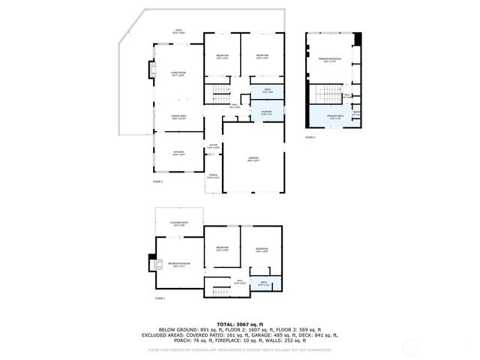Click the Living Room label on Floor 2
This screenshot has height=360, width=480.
[x=178, y=73]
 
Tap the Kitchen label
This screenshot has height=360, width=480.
[x=178, y=153]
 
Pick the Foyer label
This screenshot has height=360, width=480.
[x=213, y=146]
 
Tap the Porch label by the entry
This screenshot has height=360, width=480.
[x=213, y=176]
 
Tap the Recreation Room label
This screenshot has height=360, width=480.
[x=179, y=265]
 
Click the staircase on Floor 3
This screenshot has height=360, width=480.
[x=327, y=95]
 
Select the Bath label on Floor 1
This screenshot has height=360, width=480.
[x=264, y=283]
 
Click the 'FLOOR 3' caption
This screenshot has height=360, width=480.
[x=310, y=138]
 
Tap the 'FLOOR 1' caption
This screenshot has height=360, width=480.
[x=159, y=298]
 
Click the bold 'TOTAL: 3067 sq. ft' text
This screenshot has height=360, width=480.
[x=239, y=324]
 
